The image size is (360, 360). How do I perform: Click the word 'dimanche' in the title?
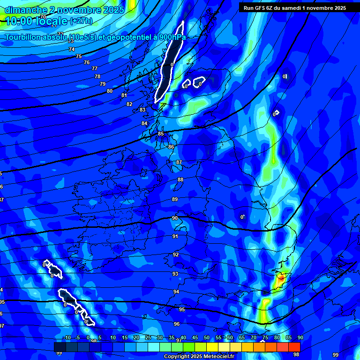25,10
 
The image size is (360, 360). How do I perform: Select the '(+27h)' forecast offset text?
82,21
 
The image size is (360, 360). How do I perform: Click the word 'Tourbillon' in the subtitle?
28,37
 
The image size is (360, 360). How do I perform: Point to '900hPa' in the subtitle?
171,37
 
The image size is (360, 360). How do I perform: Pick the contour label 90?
175,218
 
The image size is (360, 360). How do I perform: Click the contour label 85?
161,134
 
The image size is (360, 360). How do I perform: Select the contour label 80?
110,91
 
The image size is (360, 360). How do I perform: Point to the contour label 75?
79,56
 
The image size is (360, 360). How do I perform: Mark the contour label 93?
176,274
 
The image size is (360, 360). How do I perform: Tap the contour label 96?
177,324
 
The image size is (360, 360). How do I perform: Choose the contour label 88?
180,180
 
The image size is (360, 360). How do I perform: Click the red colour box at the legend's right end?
294,347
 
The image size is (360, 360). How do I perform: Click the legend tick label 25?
148,338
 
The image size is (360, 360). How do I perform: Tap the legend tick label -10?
67,338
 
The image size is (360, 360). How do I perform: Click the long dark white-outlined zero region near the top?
170,61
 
